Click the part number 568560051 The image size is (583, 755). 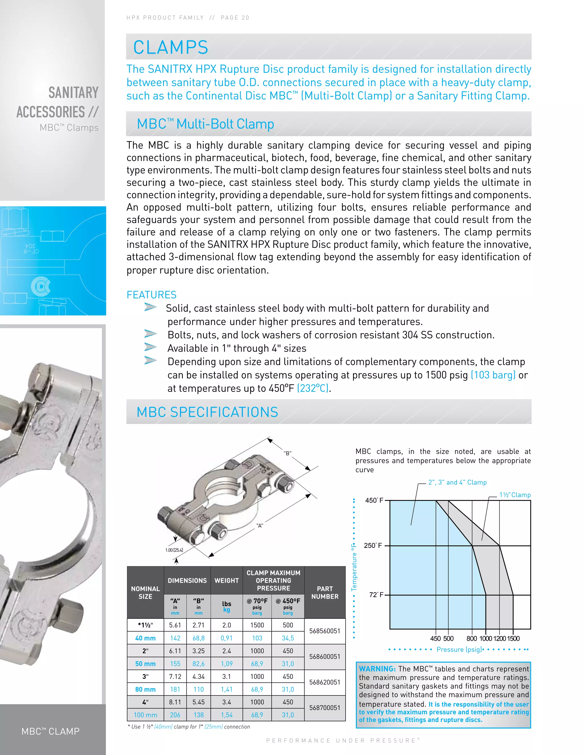tap(324, 631)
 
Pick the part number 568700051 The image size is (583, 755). tap(324, 708)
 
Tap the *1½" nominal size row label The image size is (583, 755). tap(145, 625)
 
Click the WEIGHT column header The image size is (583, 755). tap(227, 580)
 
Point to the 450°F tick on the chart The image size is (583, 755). tap(374, 501)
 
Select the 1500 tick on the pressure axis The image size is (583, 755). tap(514, 638)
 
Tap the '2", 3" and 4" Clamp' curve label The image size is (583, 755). tap(457, 482)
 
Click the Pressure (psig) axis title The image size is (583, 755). tap(459, 650)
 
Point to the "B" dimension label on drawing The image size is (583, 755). tap(287, 453)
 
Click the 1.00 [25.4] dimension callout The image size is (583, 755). tap(174, 550)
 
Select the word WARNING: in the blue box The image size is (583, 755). tap(377, 669)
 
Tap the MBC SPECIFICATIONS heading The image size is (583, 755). tap(207, 412)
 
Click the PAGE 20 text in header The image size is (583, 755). tap(235, 18)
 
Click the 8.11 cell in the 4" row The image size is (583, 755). tap(175, 702)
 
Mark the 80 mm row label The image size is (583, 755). tap(145, 689)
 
